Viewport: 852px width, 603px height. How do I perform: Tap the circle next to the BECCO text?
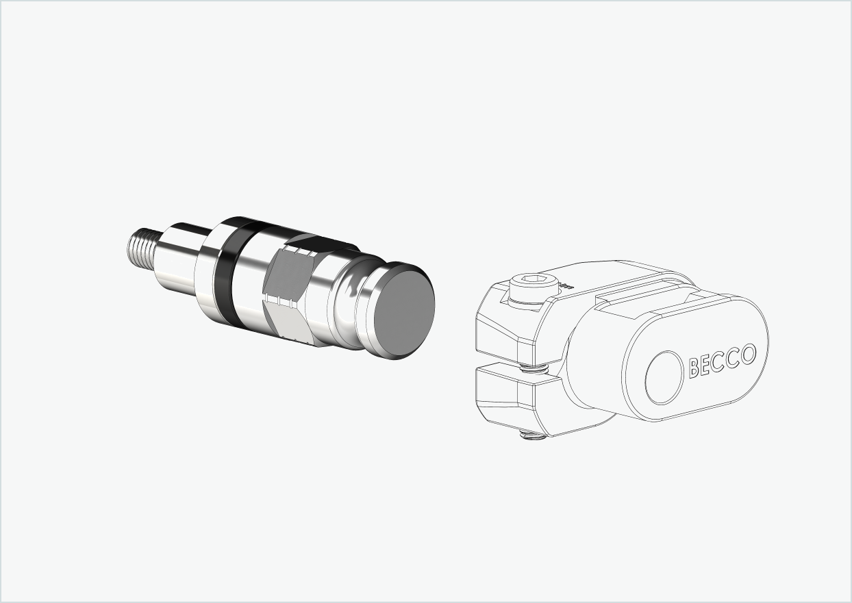tap(665, 377)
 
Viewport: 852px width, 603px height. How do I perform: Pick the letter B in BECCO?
tap(694, 368)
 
